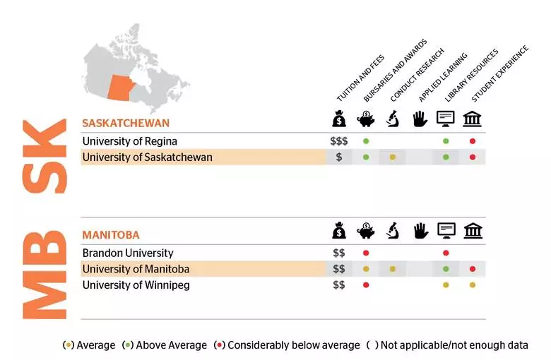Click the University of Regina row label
point(129,141)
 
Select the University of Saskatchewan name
point(147,157)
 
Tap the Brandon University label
point(127,253)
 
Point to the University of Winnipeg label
point(136,285)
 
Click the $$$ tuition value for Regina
point(339,141)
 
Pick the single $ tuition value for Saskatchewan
point(339,157)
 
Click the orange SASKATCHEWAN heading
point(125,123)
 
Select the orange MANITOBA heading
point(110,234)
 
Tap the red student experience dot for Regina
point(473,141)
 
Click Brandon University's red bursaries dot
point(366,253)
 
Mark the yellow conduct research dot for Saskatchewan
point(393,157)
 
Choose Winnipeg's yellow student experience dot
point(473,285)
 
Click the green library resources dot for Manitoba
point(446,269)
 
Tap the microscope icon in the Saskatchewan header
point(393,119)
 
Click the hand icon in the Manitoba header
point(420,230)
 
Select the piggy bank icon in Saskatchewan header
point(366,119)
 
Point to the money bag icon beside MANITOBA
point(339,230)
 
